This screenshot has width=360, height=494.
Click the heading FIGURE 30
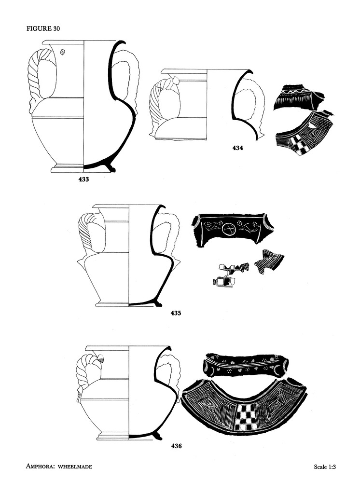point(43,28)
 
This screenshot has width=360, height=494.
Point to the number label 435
point(176,313)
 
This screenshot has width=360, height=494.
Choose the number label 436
point(176,446)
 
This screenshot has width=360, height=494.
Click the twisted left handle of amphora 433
point(39,77)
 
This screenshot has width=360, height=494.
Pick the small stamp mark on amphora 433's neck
point(63,52)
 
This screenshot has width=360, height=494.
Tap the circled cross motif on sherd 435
point(230,229)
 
